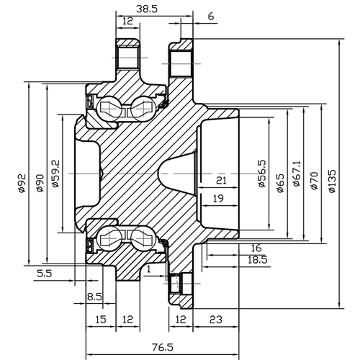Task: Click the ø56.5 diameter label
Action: click(x=261, y=175)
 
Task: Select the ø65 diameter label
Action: click(x=279, y=175)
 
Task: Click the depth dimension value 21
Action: click(x=222, y=180)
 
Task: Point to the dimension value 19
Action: click(x=218, y=198)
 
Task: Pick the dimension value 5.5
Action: click(x=43, y=273)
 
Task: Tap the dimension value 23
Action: click(x=215, y=319)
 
